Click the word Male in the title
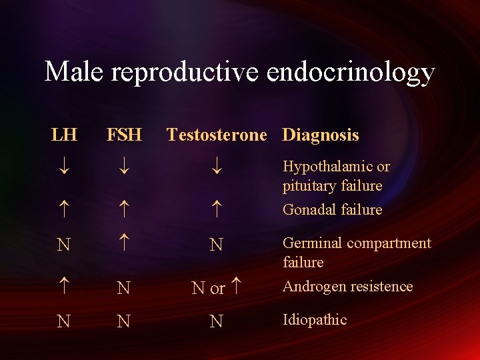tap(74, 72)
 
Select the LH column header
tap(64, 135)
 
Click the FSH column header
tap(124, 135)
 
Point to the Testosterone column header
tap(217, 135)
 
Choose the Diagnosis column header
tap(321, 135)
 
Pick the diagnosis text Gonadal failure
tap(332, 210)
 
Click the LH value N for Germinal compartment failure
tap(63, 245)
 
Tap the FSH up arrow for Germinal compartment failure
tap(123, 244)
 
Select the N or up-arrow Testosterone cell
tap(216, 288)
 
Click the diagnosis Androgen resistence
tap(347, 287)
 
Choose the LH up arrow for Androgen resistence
tap(63, 287)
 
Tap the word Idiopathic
tap(315, 320)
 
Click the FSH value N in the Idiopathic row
tap(123, 322)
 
